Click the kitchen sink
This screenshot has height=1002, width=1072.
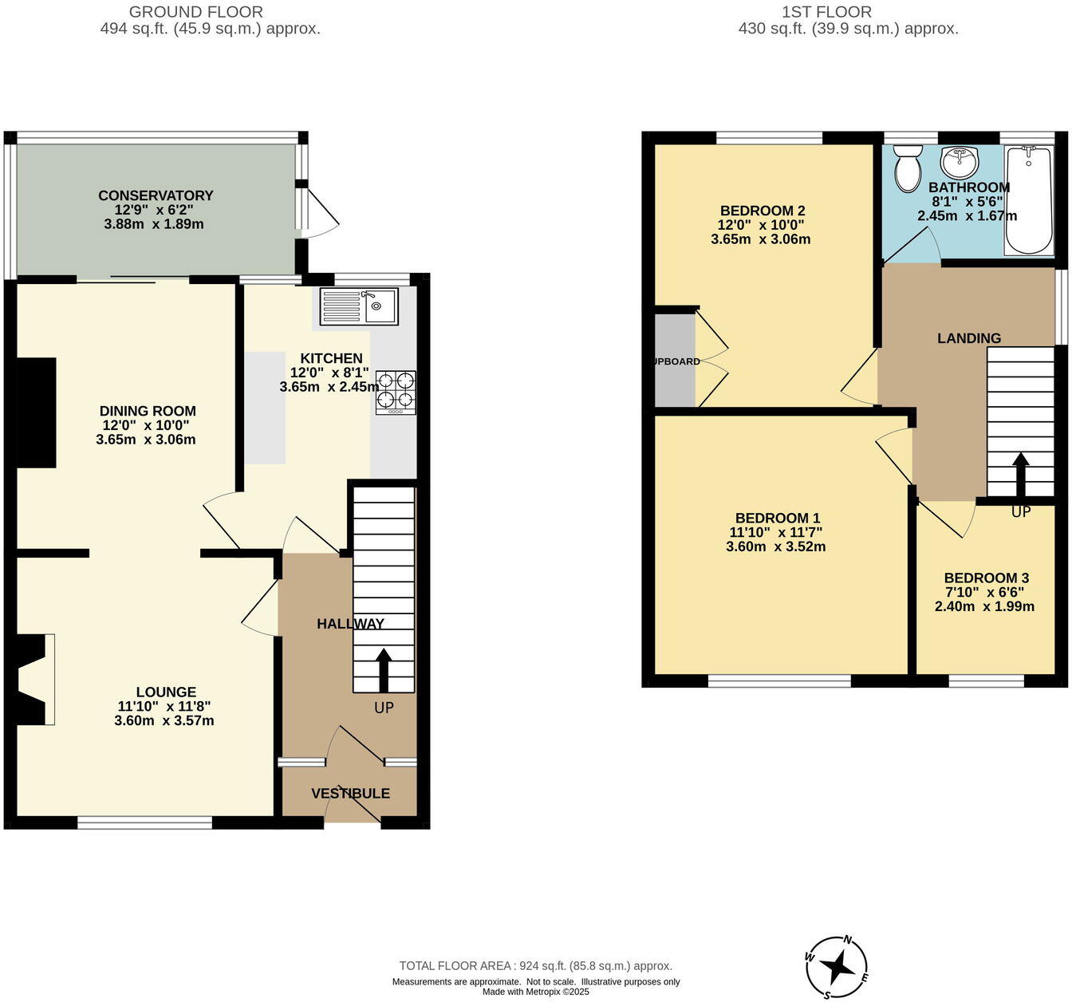(359, 306)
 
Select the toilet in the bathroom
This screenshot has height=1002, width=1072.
(907, 168)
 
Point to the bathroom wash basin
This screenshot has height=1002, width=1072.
(960, 163)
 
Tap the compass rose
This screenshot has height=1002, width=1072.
(837, 967)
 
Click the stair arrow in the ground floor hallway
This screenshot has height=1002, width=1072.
(384, 669)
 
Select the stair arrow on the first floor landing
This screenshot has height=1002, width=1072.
(1020, 474)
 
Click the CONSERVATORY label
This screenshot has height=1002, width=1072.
(156, 195)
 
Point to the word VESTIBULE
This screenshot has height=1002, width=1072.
(350, 793)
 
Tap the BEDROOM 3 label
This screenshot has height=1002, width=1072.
(986, 578)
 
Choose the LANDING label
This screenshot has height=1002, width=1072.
(969, 338)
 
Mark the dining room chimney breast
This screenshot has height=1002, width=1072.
(36, 412)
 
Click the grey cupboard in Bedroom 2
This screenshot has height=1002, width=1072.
(675, 361)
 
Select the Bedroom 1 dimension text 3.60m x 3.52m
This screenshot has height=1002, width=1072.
(775, 546)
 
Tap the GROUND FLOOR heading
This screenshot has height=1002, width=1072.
(195, 12)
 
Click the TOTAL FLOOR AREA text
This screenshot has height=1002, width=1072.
(535, 965)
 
